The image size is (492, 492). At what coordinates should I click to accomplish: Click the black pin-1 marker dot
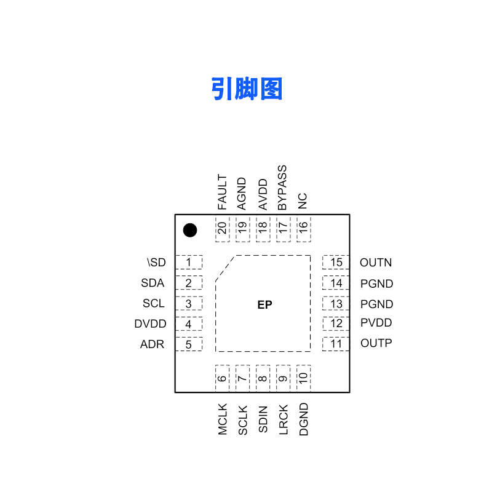[190, 231]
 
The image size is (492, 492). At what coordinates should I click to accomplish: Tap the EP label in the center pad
[264, 305]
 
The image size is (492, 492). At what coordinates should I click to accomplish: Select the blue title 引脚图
[247, 90]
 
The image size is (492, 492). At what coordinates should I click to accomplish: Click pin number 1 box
[189, 263]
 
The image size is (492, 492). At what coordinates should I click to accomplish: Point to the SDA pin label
[153, 283]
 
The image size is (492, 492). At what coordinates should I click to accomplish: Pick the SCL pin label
[154, 303]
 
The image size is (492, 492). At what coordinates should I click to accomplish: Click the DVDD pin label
[149, 324]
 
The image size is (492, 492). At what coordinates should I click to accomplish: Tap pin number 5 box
[189, 344]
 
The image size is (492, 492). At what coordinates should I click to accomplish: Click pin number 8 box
[263, 378]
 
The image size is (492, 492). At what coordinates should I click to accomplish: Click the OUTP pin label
[376, 343]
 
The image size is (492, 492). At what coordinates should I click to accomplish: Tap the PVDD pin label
[376, 323]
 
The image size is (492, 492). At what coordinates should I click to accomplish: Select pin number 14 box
[336, 284]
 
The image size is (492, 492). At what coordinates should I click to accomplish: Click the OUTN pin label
[376, 263]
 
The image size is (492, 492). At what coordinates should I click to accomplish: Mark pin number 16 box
[303, 229]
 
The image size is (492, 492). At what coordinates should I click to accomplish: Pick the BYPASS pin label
[282, 188]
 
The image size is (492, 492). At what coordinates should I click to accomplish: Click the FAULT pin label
[222, 192]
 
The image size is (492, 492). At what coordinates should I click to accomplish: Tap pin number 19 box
[242, 229]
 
